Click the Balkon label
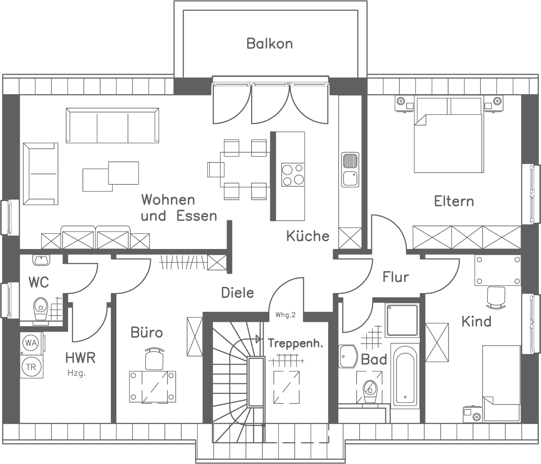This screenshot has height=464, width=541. [269, 44]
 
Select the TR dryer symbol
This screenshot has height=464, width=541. [31, 367]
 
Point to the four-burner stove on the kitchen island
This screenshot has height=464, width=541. [293, 174]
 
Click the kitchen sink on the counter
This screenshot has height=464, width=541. [350, 169]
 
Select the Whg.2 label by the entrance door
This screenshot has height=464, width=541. [286, 315]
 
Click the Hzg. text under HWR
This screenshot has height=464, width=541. [76, 373]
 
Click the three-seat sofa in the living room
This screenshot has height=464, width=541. [112, 126]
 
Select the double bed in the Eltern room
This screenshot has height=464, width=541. [449, 135]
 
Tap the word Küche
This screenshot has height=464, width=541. [307, 236]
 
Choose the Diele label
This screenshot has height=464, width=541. [238, 292]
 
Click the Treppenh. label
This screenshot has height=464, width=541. [295, 343]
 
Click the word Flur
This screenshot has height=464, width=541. [396, 276]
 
